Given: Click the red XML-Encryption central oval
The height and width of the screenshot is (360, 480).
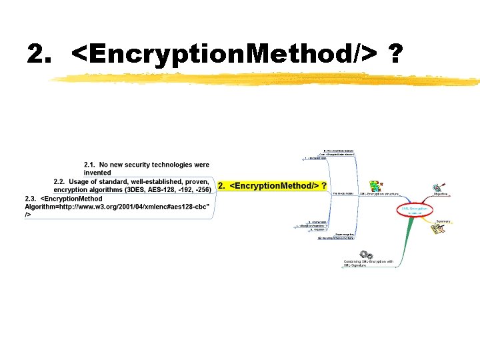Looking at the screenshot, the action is pos(415,209).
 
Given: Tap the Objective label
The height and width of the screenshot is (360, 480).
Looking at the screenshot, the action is pos(441,194).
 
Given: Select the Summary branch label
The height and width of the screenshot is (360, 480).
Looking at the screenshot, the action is pos(443,221).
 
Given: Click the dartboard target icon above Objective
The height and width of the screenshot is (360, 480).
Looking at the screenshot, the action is pos(438,187).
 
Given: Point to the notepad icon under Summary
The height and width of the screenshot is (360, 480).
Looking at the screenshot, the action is pos(437,229).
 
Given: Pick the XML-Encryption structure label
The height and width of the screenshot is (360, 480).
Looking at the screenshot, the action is pos(379,194).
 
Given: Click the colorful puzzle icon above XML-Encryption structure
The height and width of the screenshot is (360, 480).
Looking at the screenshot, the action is pos(375,185).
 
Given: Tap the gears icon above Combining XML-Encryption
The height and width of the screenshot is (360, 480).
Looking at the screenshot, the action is pos(365,254).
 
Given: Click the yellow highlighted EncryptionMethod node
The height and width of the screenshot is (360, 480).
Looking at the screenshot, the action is pos(273,185).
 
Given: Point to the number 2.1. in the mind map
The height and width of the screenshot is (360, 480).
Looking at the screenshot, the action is pos(90,165).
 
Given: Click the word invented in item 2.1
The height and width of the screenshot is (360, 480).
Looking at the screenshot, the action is pos(97,173).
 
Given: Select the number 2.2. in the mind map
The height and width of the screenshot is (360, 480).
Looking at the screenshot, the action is pos(60,181).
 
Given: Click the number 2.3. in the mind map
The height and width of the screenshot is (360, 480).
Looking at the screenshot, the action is pos(31,199).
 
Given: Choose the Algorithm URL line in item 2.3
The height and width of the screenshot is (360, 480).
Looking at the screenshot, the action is pos(117,207).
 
